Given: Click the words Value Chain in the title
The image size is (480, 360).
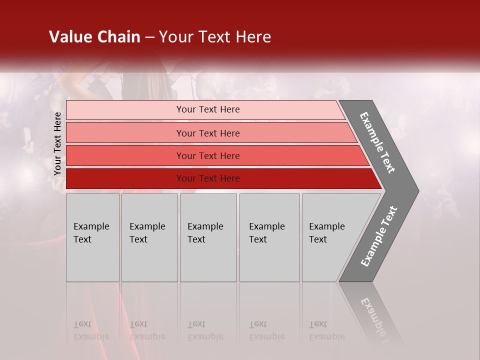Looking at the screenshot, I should coord(94,37).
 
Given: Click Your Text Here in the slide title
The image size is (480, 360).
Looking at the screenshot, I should coord(215,37).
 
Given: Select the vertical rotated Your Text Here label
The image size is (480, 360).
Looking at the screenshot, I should coord(57,143).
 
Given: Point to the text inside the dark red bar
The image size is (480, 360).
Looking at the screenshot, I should coord(208,178).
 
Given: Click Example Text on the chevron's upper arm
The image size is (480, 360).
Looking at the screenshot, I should coord(377,143).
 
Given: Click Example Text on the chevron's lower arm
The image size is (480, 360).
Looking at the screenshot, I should coord(378,236).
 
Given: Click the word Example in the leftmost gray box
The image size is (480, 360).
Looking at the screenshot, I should coord(91,226).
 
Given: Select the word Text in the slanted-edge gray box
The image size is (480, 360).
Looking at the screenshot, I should coord(318,239).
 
